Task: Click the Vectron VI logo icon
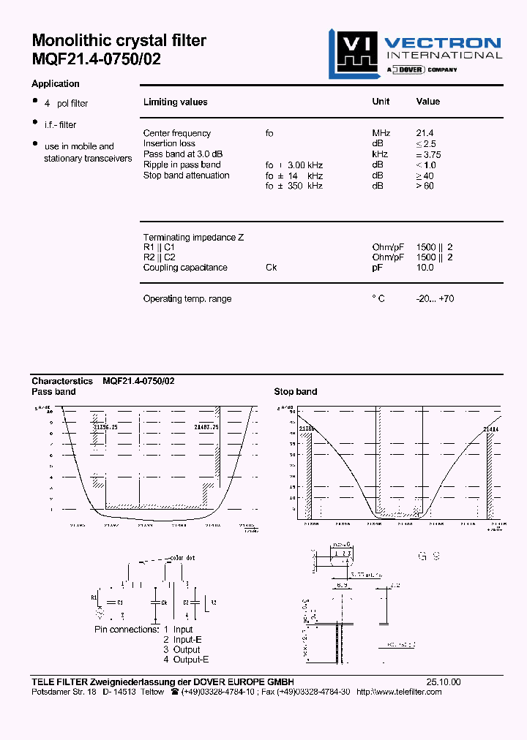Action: pos(353,53)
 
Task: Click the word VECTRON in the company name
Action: pos(443,43)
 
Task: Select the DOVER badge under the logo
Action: pos(410,69)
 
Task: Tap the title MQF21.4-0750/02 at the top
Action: pos(96,60)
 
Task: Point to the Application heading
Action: pos(56,84)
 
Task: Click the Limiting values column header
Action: pos(175,102)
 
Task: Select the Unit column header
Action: pos(381,102)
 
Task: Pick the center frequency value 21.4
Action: pos(425,133)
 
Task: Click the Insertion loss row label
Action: pos(169,143)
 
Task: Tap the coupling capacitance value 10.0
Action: pos(425,268)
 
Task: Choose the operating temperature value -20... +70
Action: pos(435,299)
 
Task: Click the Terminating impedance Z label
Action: pos(193,238)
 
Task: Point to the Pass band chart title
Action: pos(53,392)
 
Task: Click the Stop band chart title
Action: pos(296,392)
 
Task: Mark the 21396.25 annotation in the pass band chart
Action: pos(106,426)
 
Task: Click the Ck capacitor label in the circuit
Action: pos(164,602)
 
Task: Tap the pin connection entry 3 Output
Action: pos(182,649)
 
